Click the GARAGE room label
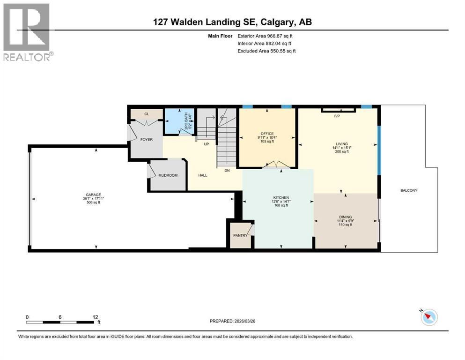pyautogui.click(x=93, y=195)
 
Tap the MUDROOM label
pyautogui.click(x=168, y=175)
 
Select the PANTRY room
pyautogui.click(x=240, y=235)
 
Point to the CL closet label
pyautogui.click(x=146, y=113)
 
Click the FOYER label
pyautogui.click(x=146, y=140)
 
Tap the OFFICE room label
pyautogui.click(x=267, y=134)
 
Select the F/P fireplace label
pyautogui.click(x=336, y=115)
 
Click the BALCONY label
pyautogui.click(x=408, y=190)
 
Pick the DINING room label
pyautogui.click(x=345, y=217)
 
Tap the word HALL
pyautogui.click(x=202, y=175)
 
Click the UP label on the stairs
pyautogui.click(x=206, y=144)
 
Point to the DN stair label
pyautogui.click(x=227, y=171)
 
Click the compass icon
pyautogui.click(x=428, y=317)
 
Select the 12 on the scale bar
pyautogui.click(x=96, y=317)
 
